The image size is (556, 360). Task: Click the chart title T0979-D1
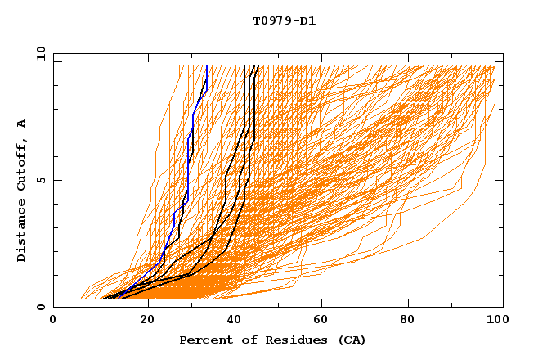[x=285, y=21]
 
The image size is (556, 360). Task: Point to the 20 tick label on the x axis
[x=148, y=320]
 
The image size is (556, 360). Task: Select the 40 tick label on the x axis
[x=236, y=320]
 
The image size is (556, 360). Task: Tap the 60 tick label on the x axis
[x=325, y=320]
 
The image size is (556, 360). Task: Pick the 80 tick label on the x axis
[x=413, y=320]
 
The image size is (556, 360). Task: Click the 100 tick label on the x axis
[x=495, y=320]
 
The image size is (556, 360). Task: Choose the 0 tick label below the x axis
[x=53, y=320]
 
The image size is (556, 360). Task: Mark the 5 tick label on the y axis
[x=40, y=180]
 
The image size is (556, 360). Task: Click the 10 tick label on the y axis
[x=38, y=52]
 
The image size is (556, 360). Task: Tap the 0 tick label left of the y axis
[x=40, y=307]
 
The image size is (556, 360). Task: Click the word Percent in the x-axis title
[x=205, y=340]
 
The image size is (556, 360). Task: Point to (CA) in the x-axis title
[x=351, y=340]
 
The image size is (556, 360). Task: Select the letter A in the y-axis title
[x=22, y=123]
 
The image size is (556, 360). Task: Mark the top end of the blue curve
[x=207, y=66]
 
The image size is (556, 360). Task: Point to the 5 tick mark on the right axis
[x=500, y=180]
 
